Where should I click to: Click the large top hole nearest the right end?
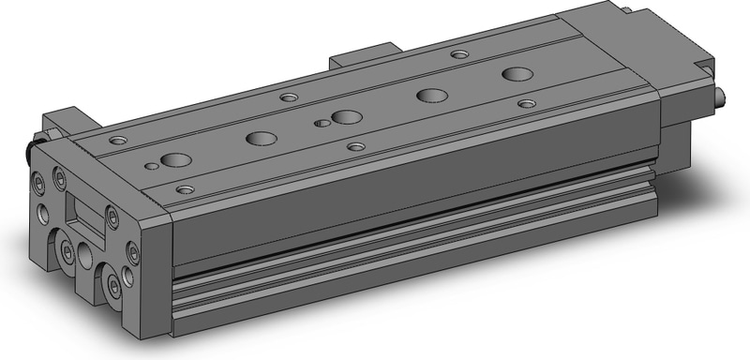[514, 73]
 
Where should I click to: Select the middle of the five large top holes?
[347, 117]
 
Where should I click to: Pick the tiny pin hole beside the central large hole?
[322, 122]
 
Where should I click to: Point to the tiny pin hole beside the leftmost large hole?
[151, 168]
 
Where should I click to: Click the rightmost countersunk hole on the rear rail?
[459, 54]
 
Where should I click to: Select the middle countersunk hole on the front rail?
[355, 146]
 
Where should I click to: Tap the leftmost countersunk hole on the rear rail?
[116, 141]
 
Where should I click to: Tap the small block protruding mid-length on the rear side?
[362, 53]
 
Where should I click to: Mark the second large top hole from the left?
[261, 139]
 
